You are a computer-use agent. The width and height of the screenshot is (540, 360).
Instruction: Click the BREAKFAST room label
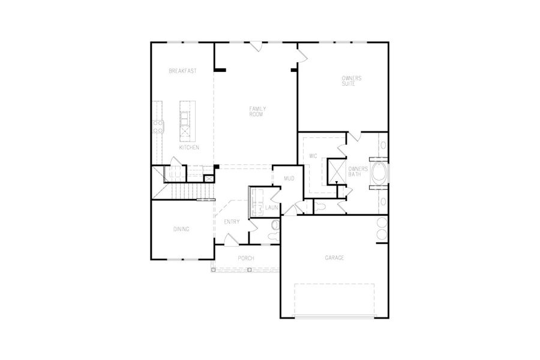click(x=182, y=71)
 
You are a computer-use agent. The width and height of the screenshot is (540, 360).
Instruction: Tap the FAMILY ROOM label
click(x=257, y=111)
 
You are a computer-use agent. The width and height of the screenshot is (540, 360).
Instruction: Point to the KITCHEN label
click(x=189, y=147)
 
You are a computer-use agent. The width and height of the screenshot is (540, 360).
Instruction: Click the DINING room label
click(x=181, y=229)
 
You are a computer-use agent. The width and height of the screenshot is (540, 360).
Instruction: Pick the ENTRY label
click(x=232, y=222)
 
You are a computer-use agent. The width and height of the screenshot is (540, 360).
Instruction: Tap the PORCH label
click(x=246, y=258)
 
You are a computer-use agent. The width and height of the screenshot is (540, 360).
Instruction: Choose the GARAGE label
click(x=334, y=257)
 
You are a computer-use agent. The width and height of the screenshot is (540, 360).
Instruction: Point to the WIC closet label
click(x=313, y=155)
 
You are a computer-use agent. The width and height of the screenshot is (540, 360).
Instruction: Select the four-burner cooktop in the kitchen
click(x=158, y=125)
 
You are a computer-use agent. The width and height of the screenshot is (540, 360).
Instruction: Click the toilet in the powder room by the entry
click(x=275, y=226)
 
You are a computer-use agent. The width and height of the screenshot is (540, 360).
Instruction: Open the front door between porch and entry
click(x=230, y=241)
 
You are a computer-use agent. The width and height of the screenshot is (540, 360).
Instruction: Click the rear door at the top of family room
click(x=255, y=46)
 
